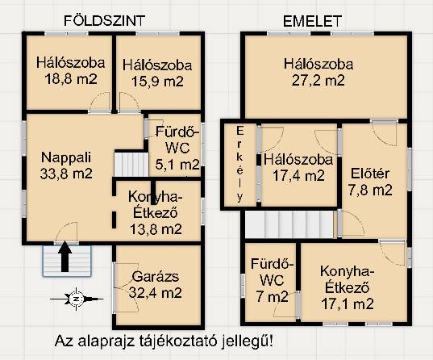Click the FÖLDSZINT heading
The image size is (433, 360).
[104, 21]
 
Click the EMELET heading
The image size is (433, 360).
[312, 21]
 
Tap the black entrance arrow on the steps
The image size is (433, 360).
[65, 257]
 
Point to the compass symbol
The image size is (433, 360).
[77, 299]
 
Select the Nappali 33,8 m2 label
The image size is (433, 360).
[66, 166]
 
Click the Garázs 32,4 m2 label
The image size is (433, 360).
[155, 285]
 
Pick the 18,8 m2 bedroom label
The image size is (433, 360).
[71, 71]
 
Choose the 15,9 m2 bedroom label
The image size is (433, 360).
[157, 73]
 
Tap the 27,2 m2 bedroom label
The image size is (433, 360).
[319, 73]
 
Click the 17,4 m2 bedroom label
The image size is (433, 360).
[298, 168]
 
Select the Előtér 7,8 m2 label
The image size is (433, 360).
[370, 182]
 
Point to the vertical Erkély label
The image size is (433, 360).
[240, 165]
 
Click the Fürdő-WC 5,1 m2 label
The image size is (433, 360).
[177, 148]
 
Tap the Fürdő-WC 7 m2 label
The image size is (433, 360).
[273, 280]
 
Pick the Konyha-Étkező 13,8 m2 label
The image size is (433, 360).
[156, 213]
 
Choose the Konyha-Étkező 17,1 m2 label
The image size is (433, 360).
[348, 287]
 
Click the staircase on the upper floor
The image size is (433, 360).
[289, 224]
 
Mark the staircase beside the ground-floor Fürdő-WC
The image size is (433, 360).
[131, 165]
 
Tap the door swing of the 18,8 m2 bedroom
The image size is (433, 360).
[100, 102]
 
